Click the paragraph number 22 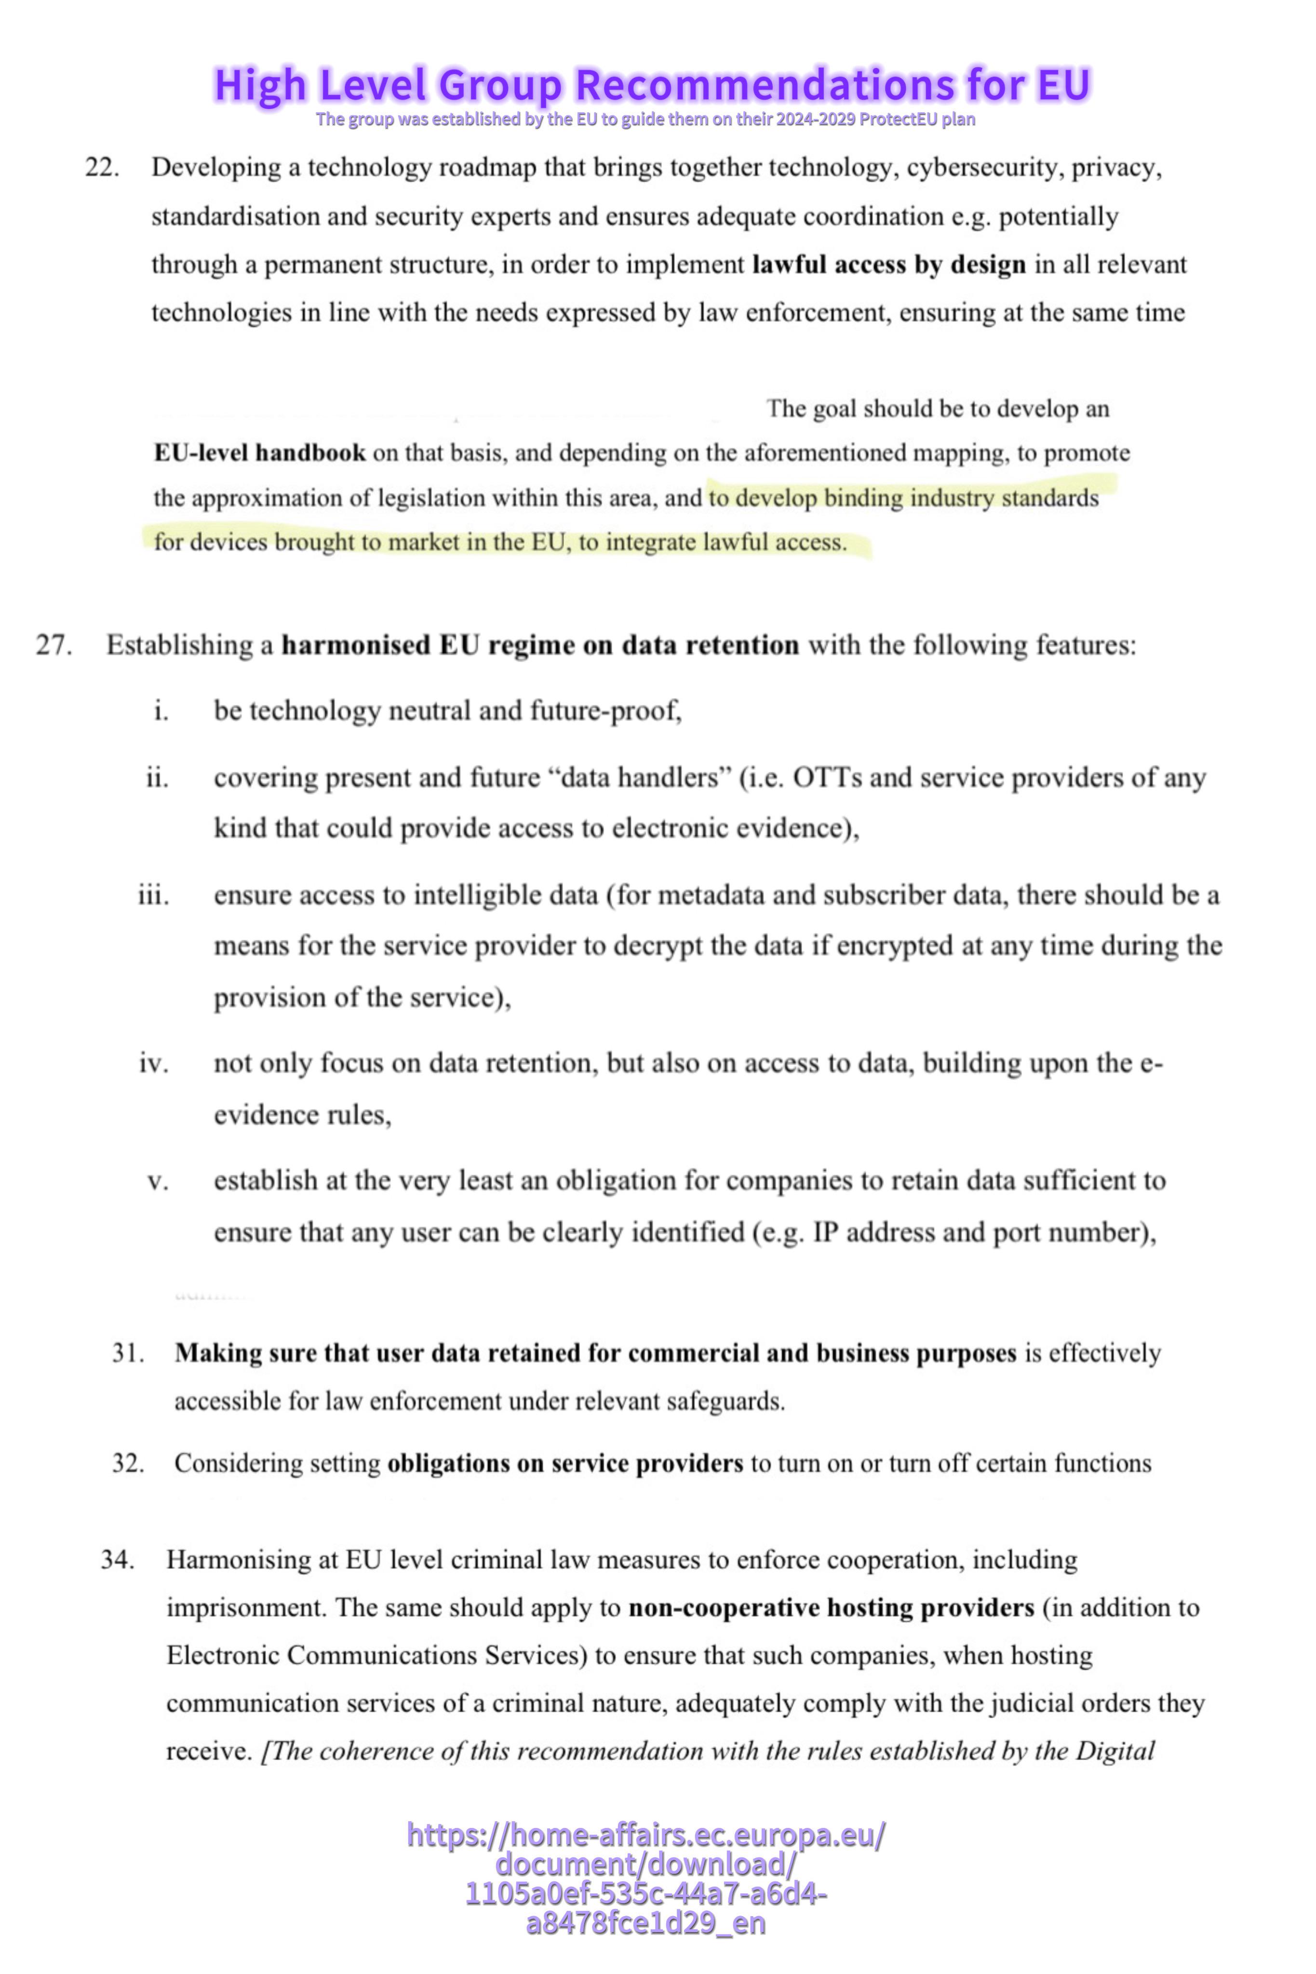point(102,168)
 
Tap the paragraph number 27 point(54,645)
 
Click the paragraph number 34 point(118,1560)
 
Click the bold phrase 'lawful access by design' point(889,265)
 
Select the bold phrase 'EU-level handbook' point(259,453)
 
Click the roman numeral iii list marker point(154,895)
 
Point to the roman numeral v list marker point(158,1181)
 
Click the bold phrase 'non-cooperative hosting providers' point(831,1607)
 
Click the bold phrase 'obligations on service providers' point(565,1463)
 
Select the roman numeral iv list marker point(154,1064)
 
